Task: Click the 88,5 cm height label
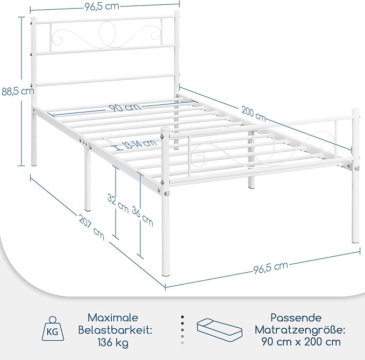pos(17,91)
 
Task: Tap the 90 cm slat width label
pos(125,108)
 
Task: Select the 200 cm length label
pos(253,114)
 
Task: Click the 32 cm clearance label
pos(118,203)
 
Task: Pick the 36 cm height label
pos(142,216)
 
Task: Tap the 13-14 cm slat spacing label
pos(139,144)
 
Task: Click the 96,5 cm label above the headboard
pos(102,6)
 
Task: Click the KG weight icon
pos(53,329)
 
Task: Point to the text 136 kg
pos(113,343)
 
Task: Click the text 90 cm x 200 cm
pos(301,342)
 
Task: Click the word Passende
pos(296,318)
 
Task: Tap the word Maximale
pos(113,318)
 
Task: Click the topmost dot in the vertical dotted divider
pos(183,317)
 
